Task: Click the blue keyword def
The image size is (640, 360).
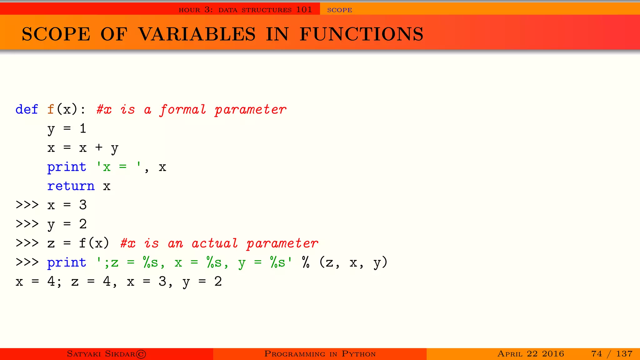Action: [27, 109]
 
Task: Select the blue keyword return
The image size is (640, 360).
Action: [71, 186]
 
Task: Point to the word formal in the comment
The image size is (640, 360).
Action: [183, 110]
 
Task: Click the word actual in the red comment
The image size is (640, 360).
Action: [215, 243]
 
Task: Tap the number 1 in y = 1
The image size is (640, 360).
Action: [82, 128]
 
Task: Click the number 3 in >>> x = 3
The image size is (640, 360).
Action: [82, 205]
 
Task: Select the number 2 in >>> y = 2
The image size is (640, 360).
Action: [82, 224]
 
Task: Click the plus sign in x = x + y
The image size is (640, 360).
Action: [99, 147]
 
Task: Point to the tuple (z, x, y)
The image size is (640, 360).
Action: [353, 262]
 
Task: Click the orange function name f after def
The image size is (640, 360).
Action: [51, 109]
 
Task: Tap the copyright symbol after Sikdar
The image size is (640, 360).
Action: [141, 354]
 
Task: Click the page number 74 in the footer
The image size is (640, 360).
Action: [597, 354]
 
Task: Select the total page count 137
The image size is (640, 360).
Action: [624, 354]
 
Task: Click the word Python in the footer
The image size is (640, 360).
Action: [358, 354]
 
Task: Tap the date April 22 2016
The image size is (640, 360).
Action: [531, 354]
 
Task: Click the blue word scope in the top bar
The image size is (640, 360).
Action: [339, 10]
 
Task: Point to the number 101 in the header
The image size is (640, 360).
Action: [304, 10]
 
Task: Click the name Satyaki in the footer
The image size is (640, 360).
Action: [84, 354]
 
